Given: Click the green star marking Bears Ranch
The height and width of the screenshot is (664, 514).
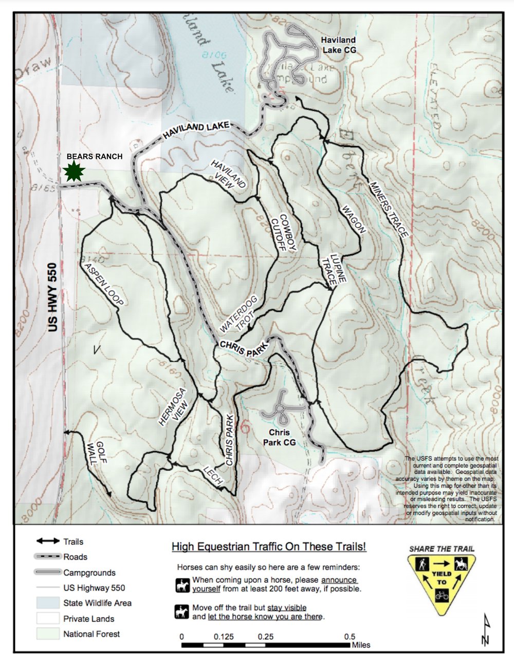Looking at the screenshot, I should pyautogui.click(x=74, y=171).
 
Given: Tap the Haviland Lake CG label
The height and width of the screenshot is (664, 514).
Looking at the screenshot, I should pyautogui.click(x=338, y=45).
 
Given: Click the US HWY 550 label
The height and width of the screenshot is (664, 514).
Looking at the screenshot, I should pyautogui.click(x=53, y=304).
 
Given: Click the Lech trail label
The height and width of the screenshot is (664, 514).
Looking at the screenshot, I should pyautogui.click(x=213, y=475).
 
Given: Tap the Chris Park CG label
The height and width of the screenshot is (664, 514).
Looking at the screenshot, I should pyautogui.click(x=279, y=437).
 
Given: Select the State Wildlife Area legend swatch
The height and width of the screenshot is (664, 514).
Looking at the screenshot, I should pyautogui.click(x=48, y=603).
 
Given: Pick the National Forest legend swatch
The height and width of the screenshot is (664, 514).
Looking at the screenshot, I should pyautogui.click(x=48, y=634).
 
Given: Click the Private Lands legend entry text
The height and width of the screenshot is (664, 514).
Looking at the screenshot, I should pyautogui.click(x=88, y=619).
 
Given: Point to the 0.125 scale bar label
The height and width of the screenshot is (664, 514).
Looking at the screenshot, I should pyautogui.click(x=224, y=636).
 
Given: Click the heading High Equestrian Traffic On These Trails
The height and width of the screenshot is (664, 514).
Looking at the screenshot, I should pyautogui.click(x=269, y=546).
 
